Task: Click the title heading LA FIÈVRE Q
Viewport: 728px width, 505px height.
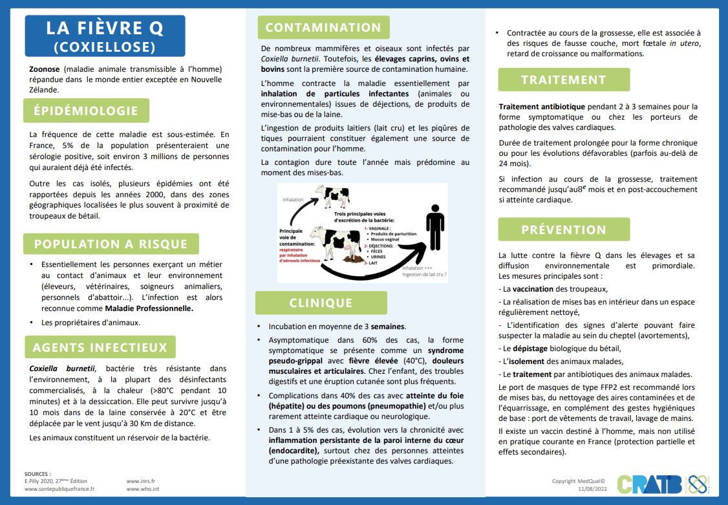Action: (x=104, y=28)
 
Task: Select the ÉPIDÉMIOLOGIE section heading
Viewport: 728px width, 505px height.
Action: (x=86, y=111)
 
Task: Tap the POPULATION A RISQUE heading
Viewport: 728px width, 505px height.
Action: (x=111, y=244)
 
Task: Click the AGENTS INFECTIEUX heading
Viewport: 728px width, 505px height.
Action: (x=100, y=347)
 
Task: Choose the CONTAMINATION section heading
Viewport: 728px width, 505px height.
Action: (x=323, y=27)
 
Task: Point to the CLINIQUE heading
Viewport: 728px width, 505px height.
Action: (x=321, y=303)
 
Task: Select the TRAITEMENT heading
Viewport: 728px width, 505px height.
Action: (x=564, y=80)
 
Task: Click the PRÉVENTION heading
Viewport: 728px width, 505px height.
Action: (x=564, y=230)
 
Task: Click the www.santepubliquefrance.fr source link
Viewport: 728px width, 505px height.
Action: (x=59, y=489)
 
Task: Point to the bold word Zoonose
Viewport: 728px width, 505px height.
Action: (x=45, y=69)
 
